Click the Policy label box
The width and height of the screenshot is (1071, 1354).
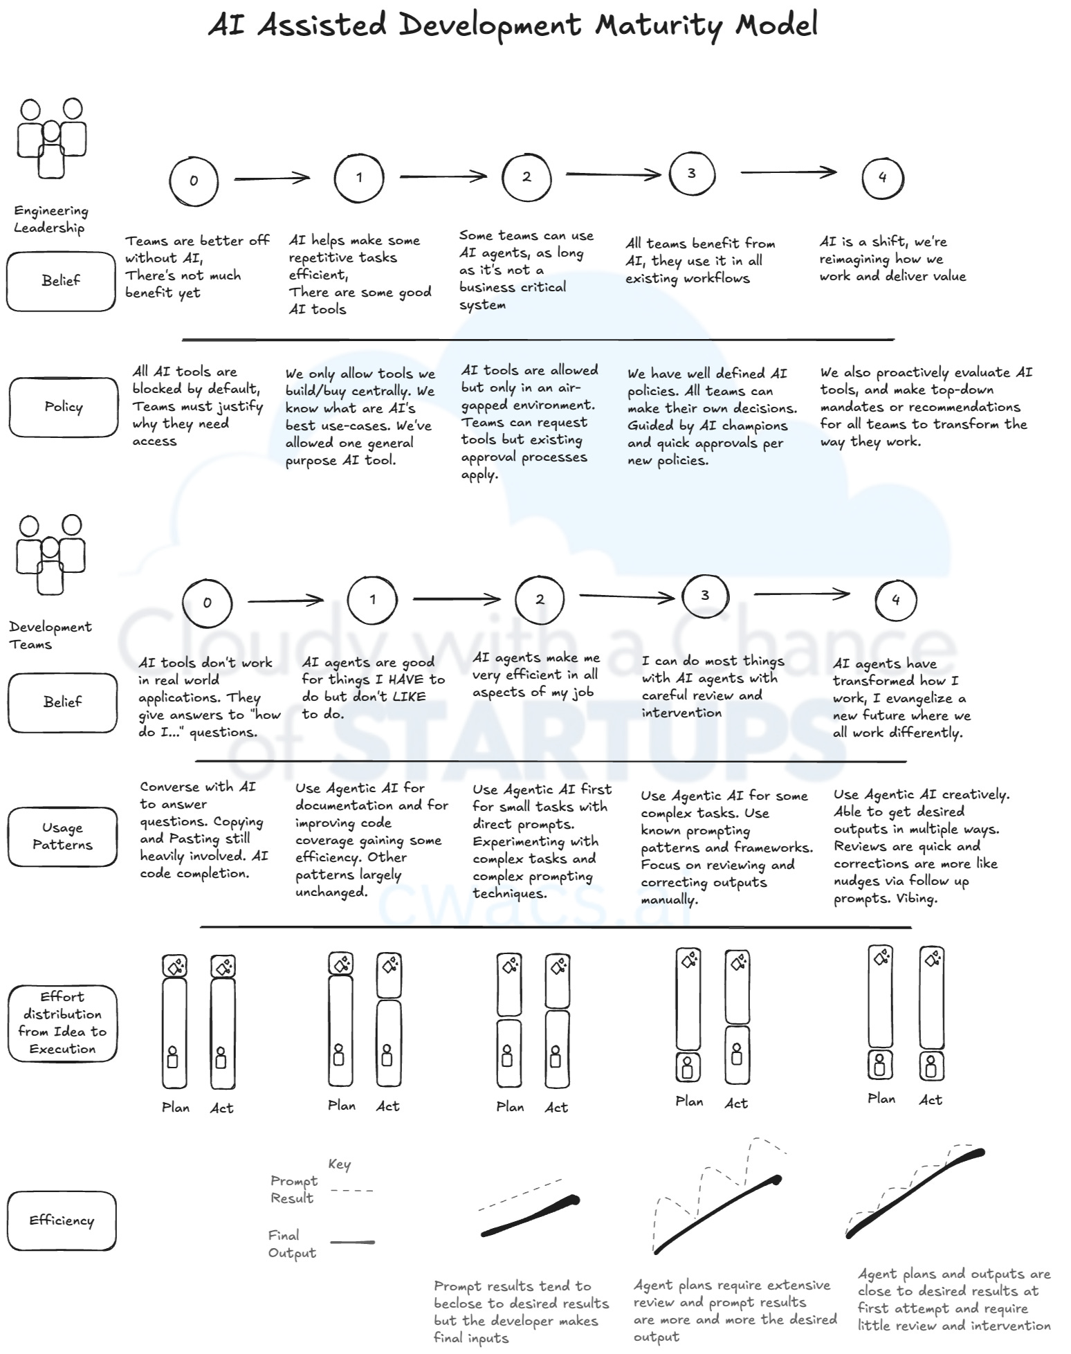tap(63, 407)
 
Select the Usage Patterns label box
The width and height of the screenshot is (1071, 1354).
tap(62, 836)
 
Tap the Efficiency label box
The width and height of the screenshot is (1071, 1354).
tap(62, 1220)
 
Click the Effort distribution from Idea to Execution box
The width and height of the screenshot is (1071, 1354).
tap(62, 1023)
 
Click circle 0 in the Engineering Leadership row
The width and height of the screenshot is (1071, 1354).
tap(194, 181)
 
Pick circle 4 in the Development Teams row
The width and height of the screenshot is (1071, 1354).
tap(895, 600)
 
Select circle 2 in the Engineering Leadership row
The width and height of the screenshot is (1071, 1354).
tap(527, 177)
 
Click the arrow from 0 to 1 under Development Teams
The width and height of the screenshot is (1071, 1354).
tap(286, 601)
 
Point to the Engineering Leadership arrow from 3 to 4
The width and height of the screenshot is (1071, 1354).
tap(788, 172)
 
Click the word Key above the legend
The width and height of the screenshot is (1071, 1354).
tap(339, 1164)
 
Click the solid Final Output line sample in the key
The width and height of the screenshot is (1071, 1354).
tap(352, 1243)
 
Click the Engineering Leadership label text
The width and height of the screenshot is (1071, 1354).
tap(51, 219)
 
